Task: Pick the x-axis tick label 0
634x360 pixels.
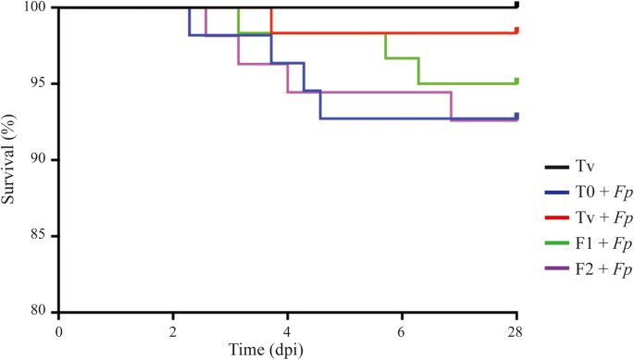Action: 59,330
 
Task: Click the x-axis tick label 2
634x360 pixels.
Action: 173,330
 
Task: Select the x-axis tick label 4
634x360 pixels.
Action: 288,330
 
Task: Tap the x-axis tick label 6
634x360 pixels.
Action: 402,330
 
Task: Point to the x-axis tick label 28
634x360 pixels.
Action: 516,330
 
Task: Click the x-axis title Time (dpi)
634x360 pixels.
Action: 288,350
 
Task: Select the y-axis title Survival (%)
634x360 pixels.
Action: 11,159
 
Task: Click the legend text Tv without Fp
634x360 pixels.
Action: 586,168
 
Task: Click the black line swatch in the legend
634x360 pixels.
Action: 556,168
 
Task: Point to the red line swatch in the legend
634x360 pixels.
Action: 556,218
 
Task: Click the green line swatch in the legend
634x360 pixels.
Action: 556,244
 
